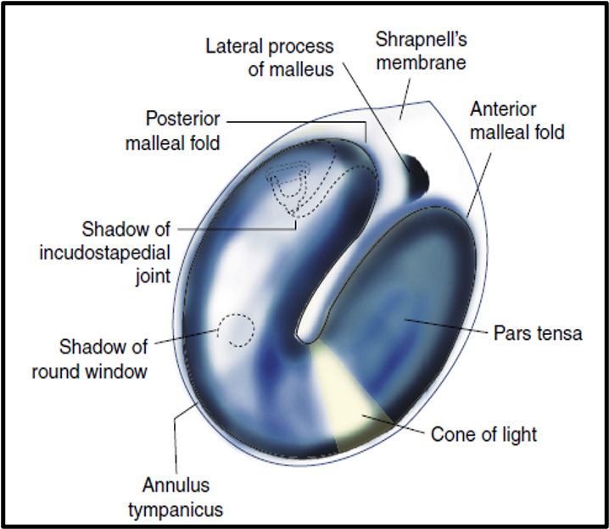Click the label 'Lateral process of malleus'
point(270,57)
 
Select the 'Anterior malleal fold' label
point(517,121)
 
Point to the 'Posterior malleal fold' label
point(172,130)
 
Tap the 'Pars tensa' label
point(538,333)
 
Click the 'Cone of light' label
point(483,436)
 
